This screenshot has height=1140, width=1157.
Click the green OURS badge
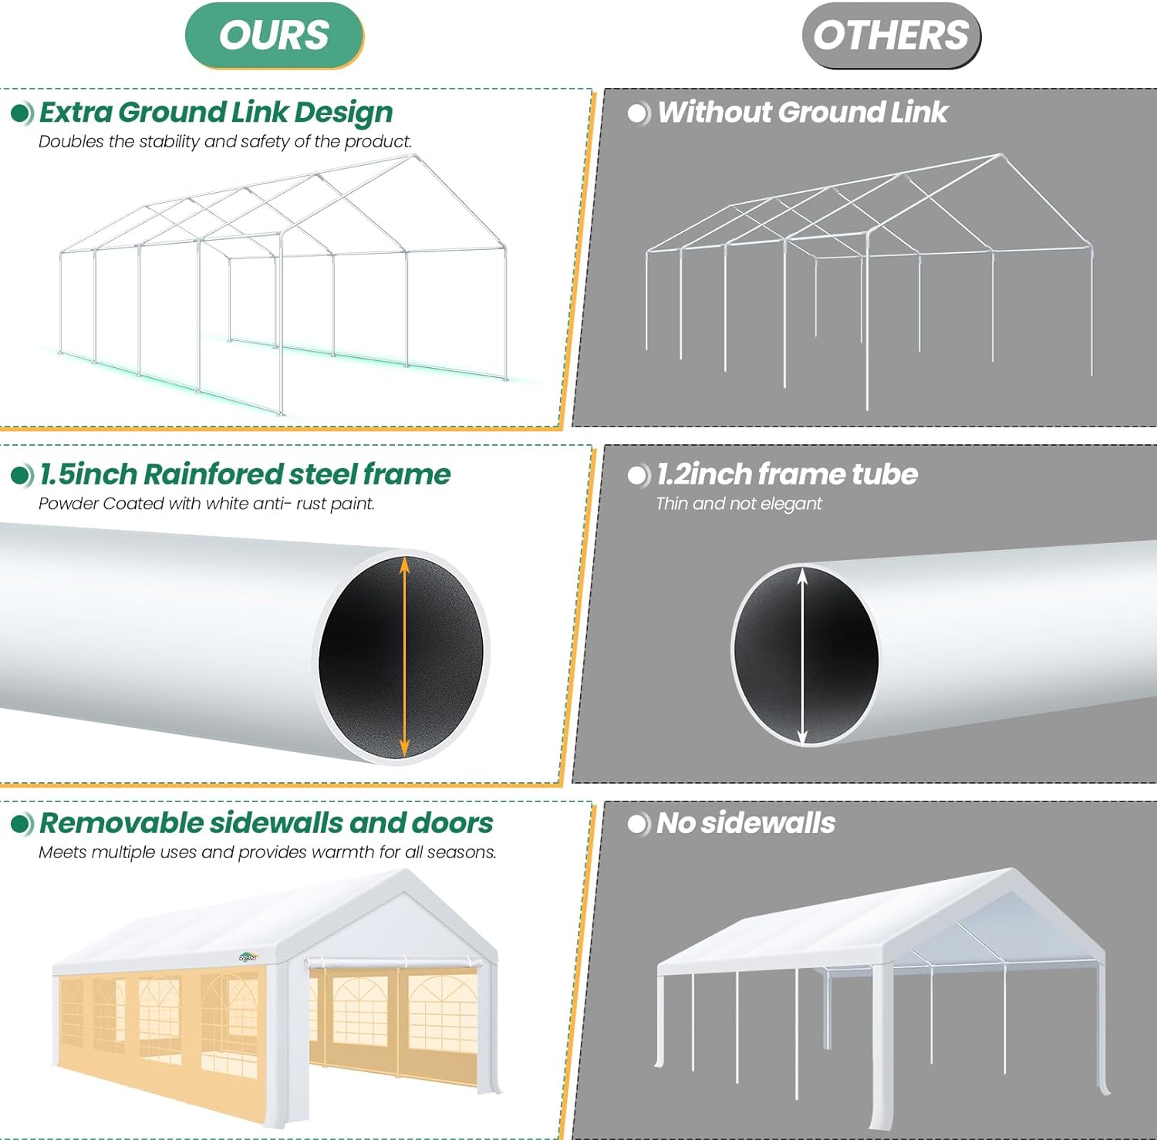[x=274, y=35]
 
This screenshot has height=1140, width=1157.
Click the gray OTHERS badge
[x=891, y=35]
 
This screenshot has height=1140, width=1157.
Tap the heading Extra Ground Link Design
[x=216, y=113]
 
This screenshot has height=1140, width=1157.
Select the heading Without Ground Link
[x=802, y=113]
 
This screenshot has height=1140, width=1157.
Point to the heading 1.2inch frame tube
[x=787, y=474]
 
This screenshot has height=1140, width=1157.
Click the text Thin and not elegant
[x=738, y=504]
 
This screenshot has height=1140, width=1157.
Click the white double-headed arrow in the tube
[x=802, y=656]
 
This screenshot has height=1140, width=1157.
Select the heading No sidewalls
[x=745, y=823]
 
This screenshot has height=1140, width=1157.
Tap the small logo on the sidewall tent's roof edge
[x=248, y=957]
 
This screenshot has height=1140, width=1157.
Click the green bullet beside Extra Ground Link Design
[x=22, y=113]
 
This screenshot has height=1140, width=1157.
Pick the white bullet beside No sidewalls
[x=639, y=824]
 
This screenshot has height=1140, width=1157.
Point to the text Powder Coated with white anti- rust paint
[x=206, y=504]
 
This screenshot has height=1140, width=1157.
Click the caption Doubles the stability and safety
[x=224, y=142]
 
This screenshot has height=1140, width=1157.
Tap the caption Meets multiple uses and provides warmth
[x=267, y=852]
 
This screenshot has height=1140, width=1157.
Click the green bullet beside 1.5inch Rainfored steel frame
[x=22, y=475]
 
